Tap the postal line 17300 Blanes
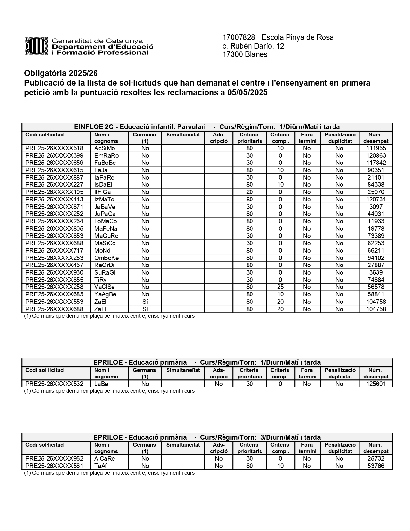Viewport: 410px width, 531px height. pos(245,54)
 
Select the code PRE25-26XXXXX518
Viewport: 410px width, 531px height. pos(54,148)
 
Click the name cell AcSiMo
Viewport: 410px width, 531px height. pos(105,148)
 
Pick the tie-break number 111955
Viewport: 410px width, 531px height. pos(376,148)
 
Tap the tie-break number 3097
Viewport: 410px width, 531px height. pos(376,207)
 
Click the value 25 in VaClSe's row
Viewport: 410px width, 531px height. pos(280,287)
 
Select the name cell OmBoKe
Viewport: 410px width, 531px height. pos(106,258)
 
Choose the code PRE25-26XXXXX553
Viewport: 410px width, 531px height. pos(54,302)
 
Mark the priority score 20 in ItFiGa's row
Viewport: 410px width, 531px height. pos(249,192)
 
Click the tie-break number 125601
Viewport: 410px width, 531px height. pos(376,384)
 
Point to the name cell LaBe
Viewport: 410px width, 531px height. pos(101,384)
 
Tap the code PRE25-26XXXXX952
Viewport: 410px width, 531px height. pos(54,458)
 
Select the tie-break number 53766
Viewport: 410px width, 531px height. pos(376,466)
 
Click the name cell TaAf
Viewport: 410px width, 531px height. pos(101,466)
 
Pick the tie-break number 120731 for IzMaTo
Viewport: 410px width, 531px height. pos(376,199)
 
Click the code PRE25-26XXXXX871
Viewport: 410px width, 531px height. pos(54,207)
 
